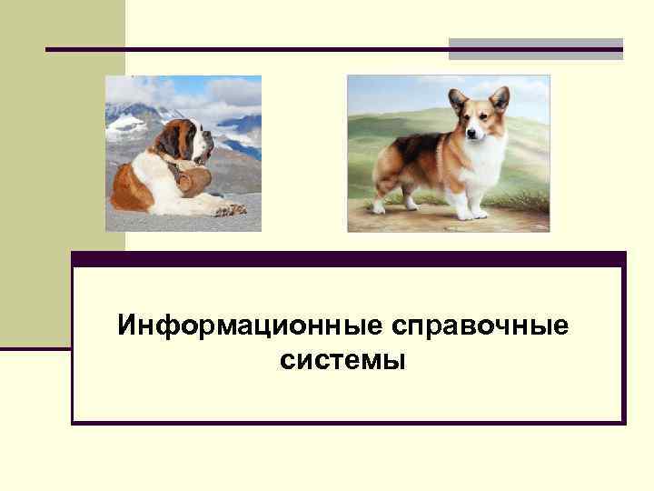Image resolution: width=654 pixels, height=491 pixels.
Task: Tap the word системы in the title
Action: [x=343, y=361]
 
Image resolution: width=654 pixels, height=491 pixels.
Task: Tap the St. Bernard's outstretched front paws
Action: [x=232, y=210]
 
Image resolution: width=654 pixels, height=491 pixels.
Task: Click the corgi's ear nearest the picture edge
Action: [x=499, y=97]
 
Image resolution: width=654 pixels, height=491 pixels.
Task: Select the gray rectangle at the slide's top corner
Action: [x=536, y=48]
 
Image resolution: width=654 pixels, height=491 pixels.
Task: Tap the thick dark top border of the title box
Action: [x=349, y=258]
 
